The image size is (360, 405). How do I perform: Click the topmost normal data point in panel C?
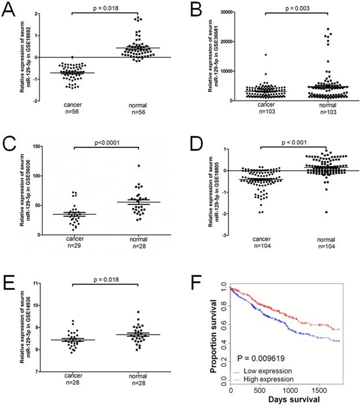[x=139, y=166]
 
